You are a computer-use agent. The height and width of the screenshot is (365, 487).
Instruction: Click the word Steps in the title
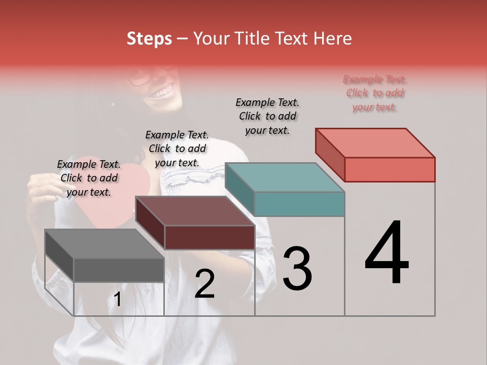click(149, 39)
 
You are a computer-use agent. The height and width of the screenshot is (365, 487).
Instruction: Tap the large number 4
click(387, 253)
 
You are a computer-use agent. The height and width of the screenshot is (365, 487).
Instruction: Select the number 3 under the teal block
click(297, 269)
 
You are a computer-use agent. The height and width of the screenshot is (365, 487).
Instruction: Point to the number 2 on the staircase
click(204, 284)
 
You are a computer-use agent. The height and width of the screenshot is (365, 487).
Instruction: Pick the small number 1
click(117, 300)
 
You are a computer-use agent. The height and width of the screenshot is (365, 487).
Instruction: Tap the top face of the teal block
click(285, 177)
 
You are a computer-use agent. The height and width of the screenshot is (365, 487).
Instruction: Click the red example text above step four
click(375, 93)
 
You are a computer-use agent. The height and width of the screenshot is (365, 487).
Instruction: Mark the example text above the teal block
click(267, 116)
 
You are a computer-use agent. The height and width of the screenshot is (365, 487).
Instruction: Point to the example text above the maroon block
click(177, 149)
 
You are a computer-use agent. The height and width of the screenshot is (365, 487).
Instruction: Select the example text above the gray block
click(89, 178)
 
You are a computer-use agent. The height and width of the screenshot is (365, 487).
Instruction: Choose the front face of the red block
click(390, 169)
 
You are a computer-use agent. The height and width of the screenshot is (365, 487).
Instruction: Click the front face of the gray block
click(119, 270)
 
